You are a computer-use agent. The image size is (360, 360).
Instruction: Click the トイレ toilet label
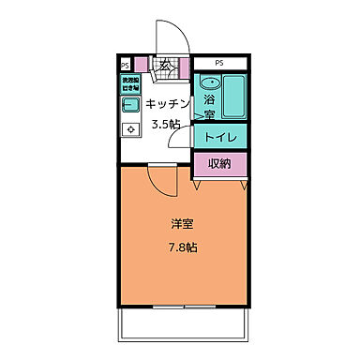pos(221,138)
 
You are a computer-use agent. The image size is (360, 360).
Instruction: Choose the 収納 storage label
pos(221,166)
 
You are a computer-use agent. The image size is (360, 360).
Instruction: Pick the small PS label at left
pos(124,66)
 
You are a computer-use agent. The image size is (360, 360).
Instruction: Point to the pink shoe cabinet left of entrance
pos(142,65)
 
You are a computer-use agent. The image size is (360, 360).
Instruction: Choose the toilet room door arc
pos(185,141)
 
